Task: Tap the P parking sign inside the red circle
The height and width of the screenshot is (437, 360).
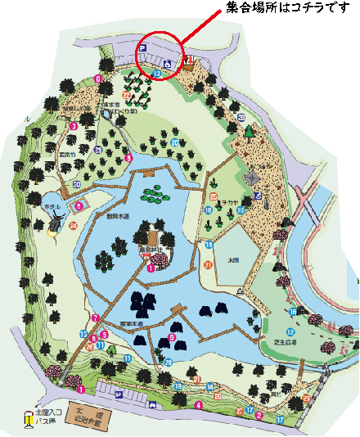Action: click(x=142, y=50)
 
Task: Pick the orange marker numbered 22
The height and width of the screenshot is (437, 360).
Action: click(x=126, y=96)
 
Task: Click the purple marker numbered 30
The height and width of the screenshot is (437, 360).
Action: click(x=76, y=185)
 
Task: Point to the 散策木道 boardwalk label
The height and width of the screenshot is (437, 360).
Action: click(x=119, y=217)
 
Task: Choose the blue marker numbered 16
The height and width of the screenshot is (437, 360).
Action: click(x=292, y=312)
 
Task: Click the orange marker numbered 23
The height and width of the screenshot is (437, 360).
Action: click(x=306, y=399)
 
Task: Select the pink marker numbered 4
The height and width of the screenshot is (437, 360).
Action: click(x=198, y=404)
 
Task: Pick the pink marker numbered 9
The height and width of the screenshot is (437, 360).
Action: click(x=173, y=337)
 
